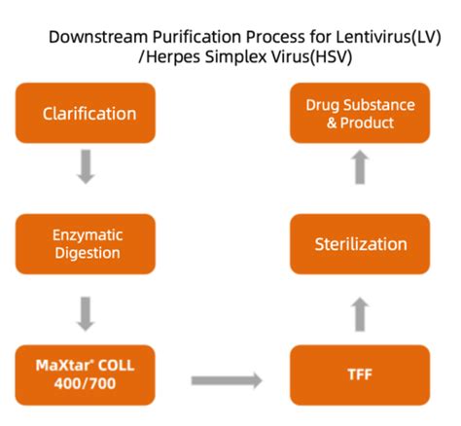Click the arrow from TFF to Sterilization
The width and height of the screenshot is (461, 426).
tap(360, 313)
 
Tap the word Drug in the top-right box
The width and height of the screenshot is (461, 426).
tap(322, 104)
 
